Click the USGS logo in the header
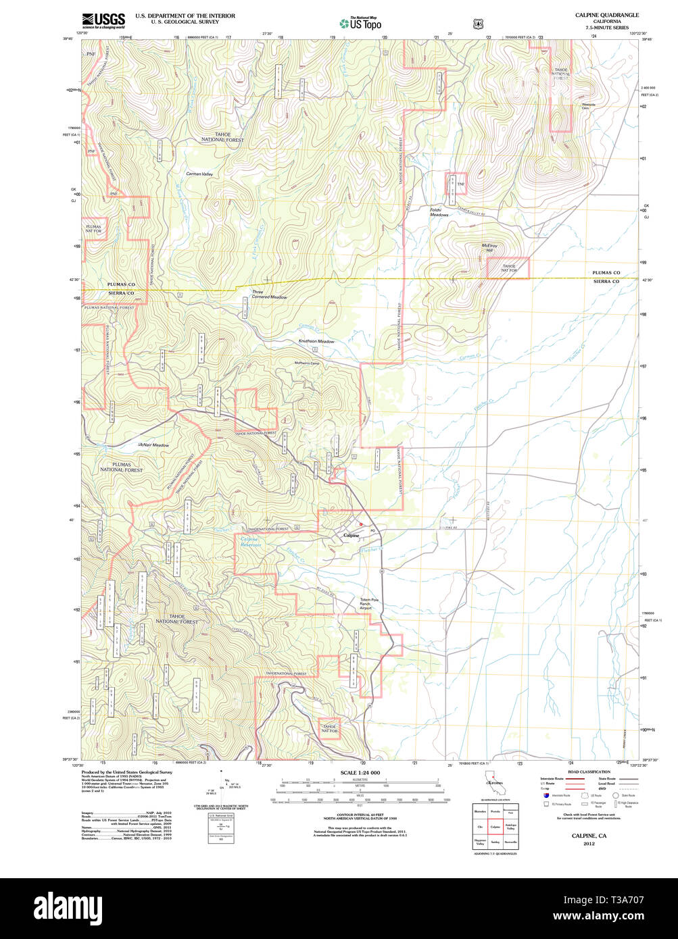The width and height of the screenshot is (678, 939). [103, 20]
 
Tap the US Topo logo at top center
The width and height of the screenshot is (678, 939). [360, 24]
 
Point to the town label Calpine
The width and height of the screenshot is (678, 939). [352, 535]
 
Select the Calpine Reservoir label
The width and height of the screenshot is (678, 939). [250, 542]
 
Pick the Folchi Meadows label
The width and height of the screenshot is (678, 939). [439, 212]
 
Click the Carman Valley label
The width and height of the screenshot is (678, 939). [199, 175]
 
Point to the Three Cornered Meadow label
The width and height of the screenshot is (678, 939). [269, 295]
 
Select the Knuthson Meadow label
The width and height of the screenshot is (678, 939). [316, 341]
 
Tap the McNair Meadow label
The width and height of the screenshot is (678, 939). [153, 445]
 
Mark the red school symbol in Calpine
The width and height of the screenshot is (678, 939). [361, 524]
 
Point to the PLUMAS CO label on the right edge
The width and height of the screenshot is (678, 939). [606, 273]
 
